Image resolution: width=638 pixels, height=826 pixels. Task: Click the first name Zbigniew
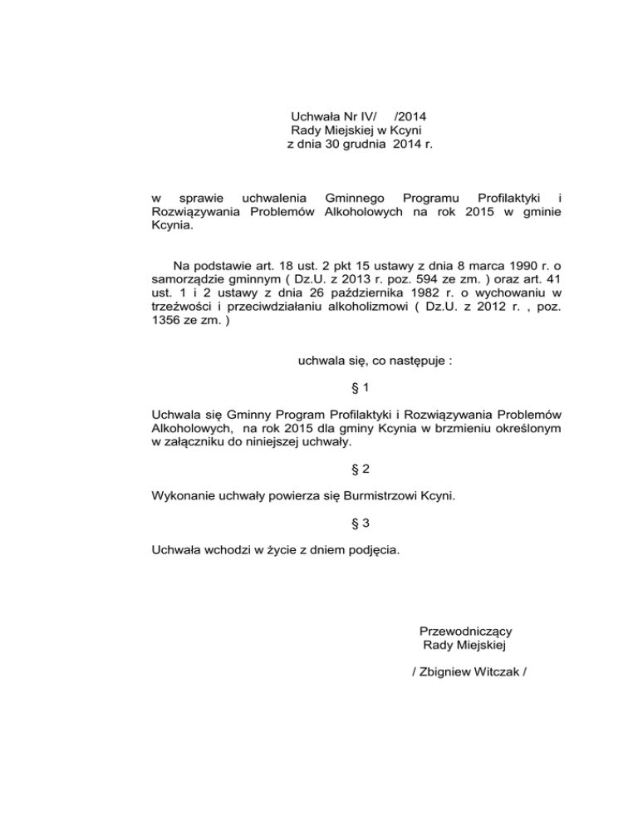coord(449,673)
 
